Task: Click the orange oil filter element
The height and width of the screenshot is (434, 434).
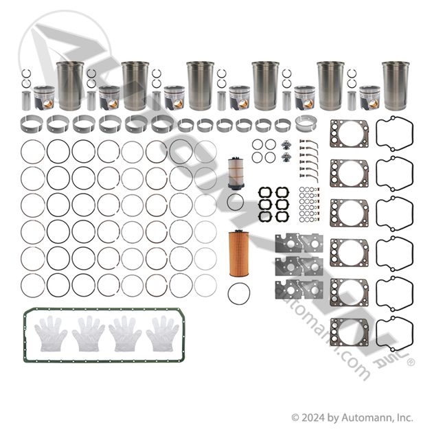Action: click(x=239, y=253)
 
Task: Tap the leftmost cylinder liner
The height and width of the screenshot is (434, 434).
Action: click(x=70, y=86)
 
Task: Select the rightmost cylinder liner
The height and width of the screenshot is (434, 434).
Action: click(x=396, y=86)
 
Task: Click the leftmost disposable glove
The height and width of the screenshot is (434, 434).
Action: click(x=51, y=334)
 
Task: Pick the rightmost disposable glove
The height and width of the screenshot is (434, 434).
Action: click(x=163, y=334)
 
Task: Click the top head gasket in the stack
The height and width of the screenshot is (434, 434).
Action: click(x=350, y=133)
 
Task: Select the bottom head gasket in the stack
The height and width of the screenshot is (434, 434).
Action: click(x=350, y=332)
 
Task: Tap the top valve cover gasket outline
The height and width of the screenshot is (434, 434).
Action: click(x=394, y=134)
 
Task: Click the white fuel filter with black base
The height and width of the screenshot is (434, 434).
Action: click(x=236, y=174)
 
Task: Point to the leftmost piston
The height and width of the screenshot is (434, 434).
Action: click(x=44, y=98)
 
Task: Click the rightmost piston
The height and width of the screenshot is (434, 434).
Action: click(x=369, y=98)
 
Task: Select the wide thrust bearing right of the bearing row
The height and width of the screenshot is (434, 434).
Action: click(x=306, y=124)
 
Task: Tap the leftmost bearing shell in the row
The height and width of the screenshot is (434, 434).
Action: click(x=32, y=124)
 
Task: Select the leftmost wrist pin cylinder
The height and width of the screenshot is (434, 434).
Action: click(x=26, y=101)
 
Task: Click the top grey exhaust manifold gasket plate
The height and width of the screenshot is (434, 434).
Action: click(x=299, y=243)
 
